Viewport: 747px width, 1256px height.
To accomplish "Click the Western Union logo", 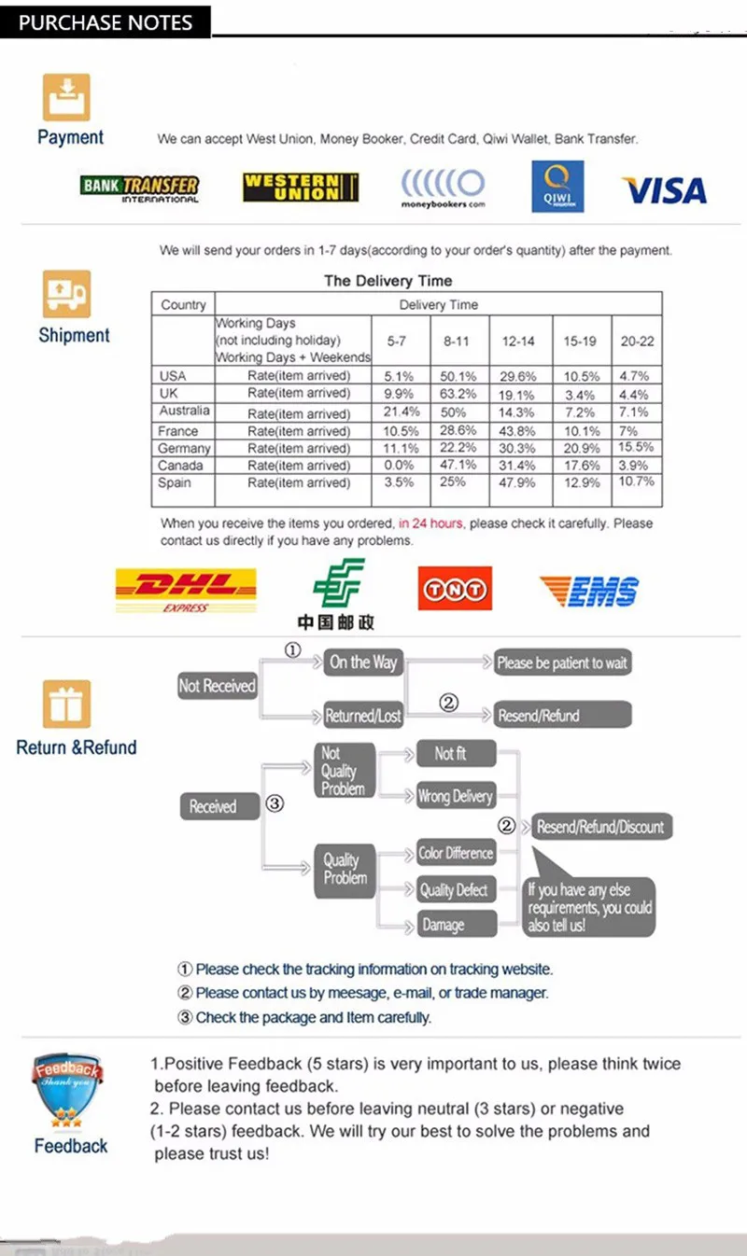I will (301, 187).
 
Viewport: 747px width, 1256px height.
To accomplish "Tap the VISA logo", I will (664, 190).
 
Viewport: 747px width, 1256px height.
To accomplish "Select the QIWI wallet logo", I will (557, 186).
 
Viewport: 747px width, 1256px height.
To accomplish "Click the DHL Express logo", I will (185, 591).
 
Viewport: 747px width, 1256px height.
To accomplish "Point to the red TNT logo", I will (455, 589).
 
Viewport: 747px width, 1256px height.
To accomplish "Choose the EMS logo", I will (589, 591).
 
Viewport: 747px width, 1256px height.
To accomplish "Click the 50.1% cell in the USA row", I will (457, 376).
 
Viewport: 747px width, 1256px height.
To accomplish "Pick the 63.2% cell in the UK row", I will (457, 394).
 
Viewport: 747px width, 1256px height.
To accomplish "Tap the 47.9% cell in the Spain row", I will (517, 482).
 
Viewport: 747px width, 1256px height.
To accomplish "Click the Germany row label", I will (183, 449).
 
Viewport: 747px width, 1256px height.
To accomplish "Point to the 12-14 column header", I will (518, 342).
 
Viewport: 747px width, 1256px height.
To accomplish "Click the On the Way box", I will (363, 663).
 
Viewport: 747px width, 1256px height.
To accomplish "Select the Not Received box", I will (217, 686).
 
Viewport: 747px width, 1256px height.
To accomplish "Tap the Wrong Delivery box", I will (455, 796).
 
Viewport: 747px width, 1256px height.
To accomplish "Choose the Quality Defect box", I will (454, 890).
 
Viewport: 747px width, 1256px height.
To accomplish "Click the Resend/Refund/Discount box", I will (600, 827).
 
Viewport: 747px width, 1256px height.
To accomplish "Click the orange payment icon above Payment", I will (66, 97).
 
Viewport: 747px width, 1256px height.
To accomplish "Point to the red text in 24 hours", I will (430, 523).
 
